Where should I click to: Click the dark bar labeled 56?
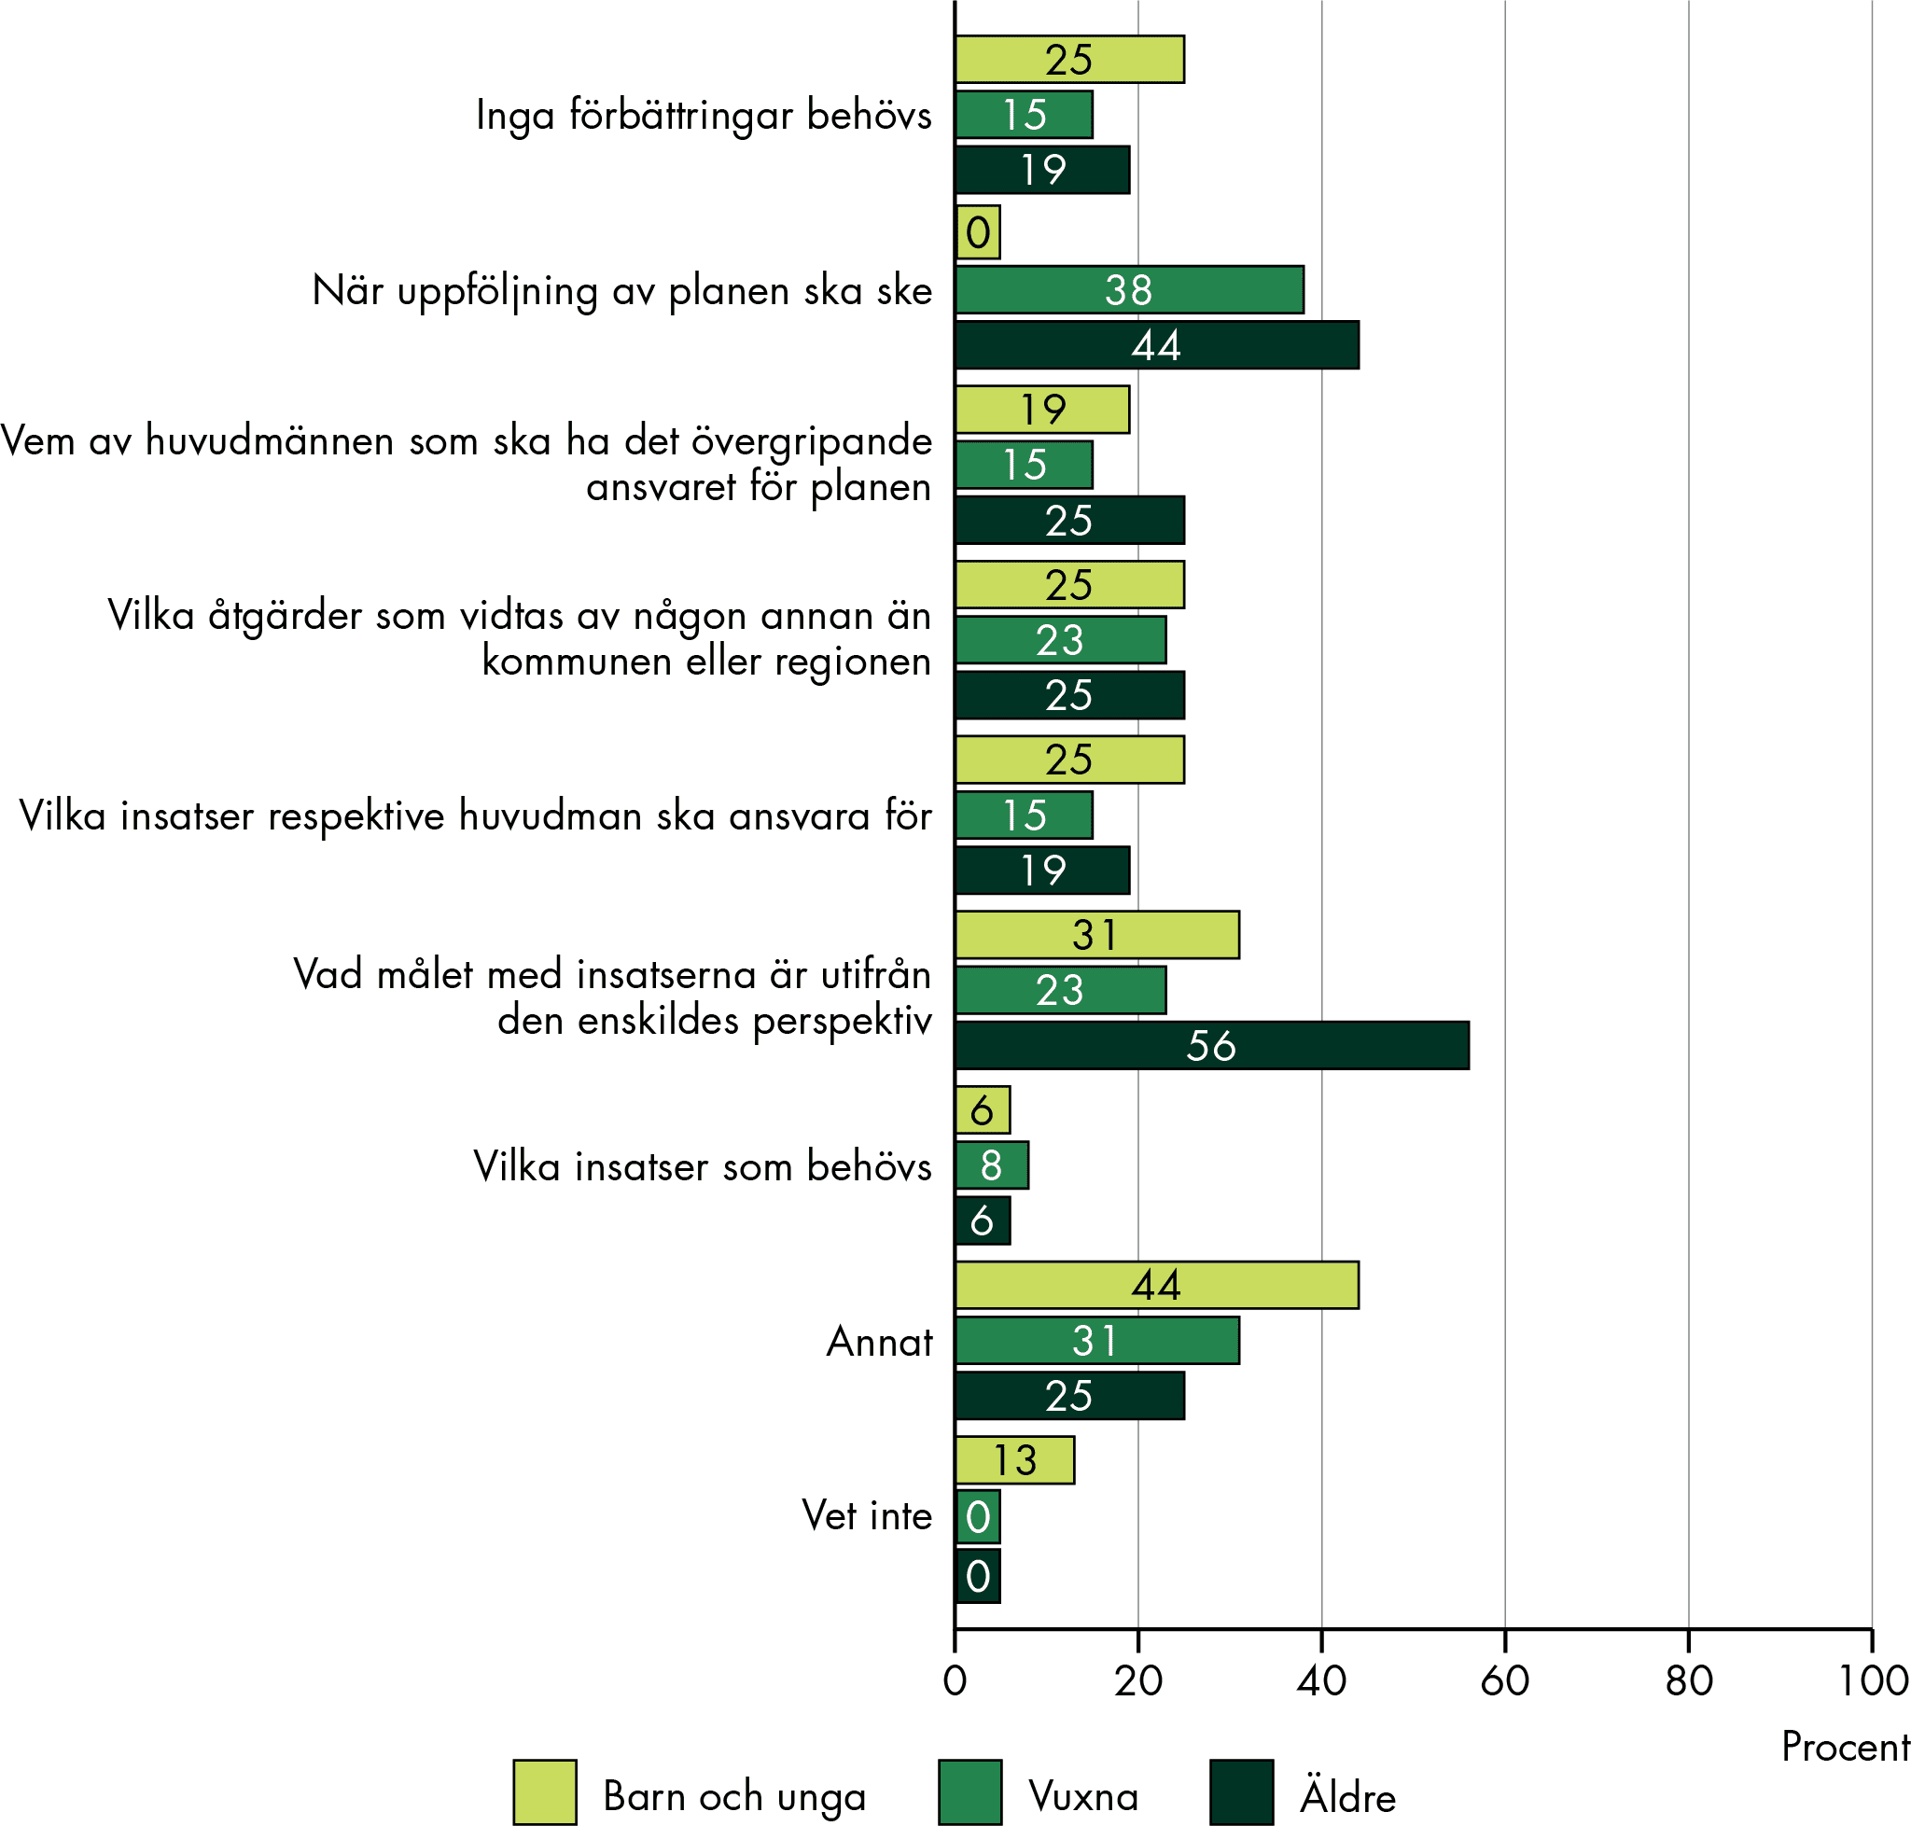coord(1211,1045)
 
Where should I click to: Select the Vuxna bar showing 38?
coord(1128,290)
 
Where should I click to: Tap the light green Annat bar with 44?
coord(1155,1285)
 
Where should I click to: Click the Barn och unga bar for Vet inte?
coord(1014,1460)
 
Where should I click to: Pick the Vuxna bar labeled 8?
coord(991,1165)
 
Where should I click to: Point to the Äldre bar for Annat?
coord(1069,1396)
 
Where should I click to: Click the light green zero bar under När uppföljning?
coord(977,232)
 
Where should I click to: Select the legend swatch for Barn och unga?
coord(544,1791)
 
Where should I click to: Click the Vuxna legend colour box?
coord(969,1791)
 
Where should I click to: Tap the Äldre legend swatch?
coord(1241,1791)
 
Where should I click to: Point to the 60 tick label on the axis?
coord(1504,1681)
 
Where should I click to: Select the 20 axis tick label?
coord(1137,1681)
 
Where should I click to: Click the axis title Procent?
coord(1845,1748)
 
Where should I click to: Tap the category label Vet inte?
coord(867,1515)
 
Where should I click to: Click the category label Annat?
coord(879,1341)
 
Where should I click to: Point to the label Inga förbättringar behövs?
coord(703,115)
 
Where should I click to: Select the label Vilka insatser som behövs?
coord(702,1166)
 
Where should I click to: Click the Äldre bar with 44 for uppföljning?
coord(1155,345)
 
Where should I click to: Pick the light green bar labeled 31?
coord(1096,935)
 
